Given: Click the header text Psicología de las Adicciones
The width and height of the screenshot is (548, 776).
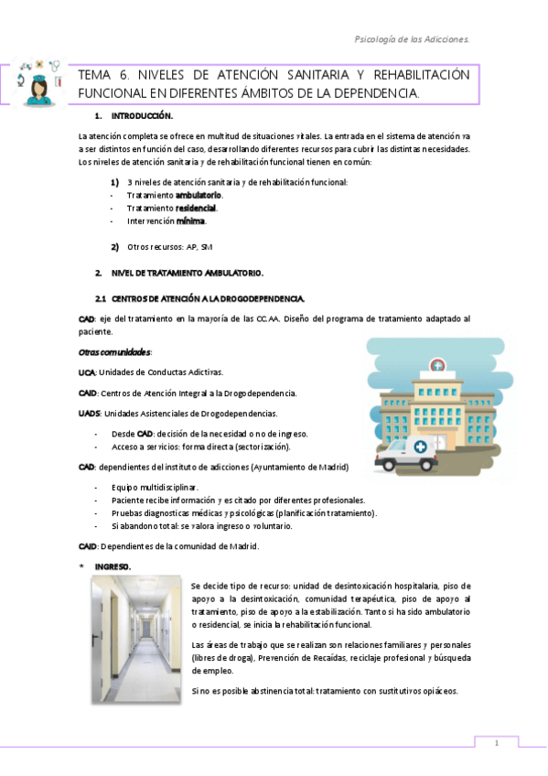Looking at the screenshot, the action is pyautogui.click(x=412, y=39).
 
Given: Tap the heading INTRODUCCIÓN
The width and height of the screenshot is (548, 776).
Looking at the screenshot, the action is pyautogui.click(x=141, y=117).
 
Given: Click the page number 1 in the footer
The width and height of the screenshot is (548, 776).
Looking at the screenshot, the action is pyautogui.click(x=496, y=744).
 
